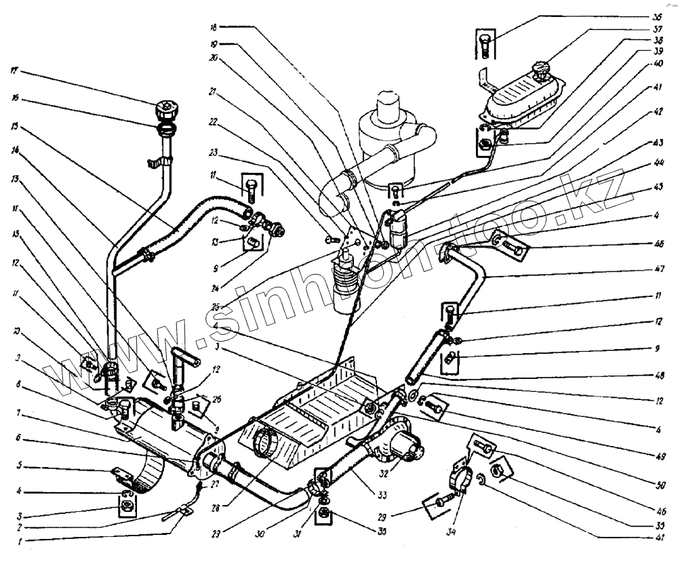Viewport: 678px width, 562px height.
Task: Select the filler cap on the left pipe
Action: coord(166,109)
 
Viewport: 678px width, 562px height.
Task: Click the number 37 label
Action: coord(656,31)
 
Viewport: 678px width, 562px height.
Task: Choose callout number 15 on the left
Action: coord(14,126)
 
